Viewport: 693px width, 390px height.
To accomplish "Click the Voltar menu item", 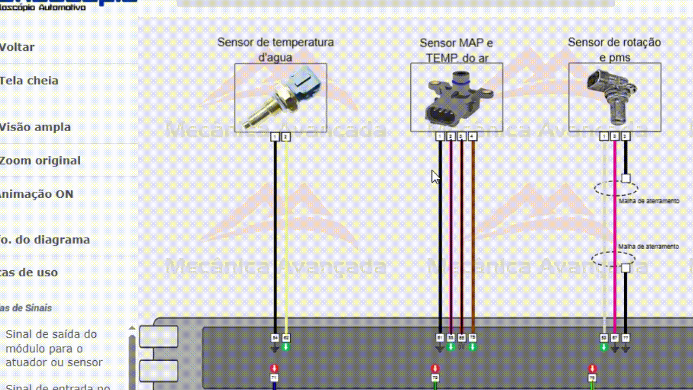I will [17, 47].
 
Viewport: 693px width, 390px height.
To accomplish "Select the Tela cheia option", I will [29, 81].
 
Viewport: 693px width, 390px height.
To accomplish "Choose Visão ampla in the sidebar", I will [36, 127].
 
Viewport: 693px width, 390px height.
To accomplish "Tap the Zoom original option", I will [41, 161].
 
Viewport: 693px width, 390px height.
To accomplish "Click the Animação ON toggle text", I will [37, 194].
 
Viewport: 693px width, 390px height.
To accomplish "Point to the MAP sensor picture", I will [456, 97].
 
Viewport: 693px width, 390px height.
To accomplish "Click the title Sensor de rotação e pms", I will [614, 49].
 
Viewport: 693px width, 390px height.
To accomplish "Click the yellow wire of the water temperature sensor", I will [286, 233].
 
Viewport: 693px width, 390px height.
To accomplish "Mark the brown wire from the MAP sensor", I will [473, 233].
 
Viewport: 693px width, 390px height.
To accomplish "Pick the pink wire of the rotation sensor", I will [614, 233].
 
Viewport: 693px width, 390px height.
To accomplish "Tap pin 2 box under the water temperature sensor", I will [286, 137].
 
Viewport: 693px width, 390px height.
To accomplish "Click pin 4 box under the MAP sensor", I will [473, 137].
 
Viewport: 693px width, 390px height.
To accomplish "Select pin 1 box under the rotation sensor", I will [604, 137].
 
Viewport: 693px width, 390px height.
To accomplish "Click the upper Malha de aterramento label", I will [649, 201].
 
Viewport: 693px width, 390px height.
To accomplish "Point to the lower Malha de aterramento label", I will [648, 246].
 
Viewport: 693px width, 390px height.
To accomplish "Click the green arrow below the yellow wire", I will [286, 347].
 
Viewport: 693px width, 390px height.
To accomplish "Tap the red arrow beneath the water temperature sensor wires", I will [274, 368].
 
